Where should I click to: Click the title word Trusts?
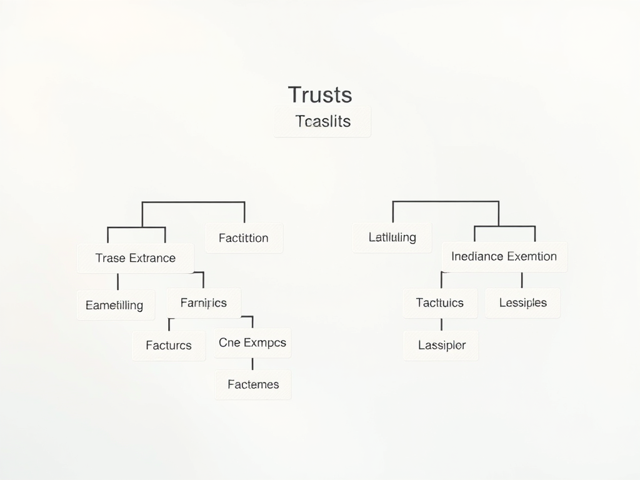[320, 95]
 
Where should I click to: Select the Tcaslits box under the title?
[322, 121]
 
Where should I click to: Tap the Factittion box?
[244, 238]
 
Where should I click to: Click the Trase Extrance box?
[136, 258]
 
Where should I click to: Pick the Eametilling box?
[114, 305]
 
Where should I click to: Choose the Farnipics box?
[204, 303]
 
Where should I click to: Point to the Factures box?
[169, 345]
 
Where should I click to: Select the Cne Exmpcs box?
[252, 342]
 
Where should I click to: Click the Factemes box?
[253, 384]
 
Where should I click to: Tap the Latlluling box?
[392, 237]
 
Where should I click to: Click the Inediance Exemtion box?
[504, 256]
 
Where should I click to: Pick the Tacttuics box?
[440, 303]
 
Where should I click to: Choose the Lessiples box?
[523, 303]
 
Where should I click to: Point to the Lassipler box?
[441, 345]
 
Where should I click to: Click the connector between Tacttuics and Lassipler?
[441, 324]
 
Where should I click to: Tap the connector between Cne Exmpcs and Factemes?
[252, 364]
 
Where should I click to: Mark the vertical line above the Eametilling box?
[117, 281]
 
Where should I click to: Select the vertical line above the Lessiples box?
[522, 280]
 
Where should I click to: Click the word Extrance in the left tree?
[152, 258]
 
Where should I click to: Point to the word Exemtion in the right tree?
[532, 256]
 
